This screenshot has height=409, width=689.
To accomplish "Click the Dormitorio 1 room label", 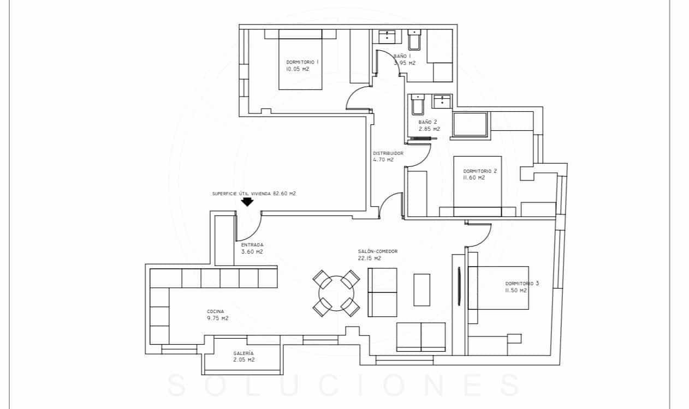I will pyautogui.click(x=302, y=62).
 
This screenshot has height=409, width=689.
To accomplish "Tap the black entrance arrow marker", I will pyautogui.click(x=247, y=202).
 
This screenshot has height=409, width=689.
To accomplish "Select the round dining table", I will pyautogui.click(x=336, y=294).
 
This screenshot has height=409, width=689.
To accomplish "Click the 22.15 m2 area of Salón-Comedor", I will pyautogui.click(x=370, y=258).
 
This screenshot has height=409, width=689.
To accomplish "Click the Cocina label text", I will pyautogui.click(x=215, y=311).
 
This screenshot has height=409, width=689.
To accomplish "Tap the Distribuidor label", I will pyautogui.click(x=388, y=153).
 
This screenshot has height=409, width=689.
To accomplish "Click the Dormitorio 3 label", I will pyautogui.click(x=522, y=284).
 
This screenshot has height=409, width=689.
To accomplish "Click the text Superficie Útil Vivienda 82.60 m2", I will pyautogui.click(x=254, y=194).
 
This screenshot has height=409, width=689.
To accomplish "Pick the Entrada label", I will pyautogui.click(x=252, y=245).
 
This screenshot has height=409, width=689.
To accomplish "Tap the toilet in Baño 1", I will pyautogui.click(x=414, y=40).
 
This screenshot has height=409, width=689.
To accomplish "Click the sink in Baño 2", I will pyautogui.click(x=441, y=101).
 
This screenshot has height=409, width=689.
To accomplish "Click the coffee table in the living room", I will pyautogui.click(x=421, y=289).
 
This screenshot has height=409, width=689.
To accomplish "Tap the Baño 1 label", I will pyautogui.click(x=402, y=56).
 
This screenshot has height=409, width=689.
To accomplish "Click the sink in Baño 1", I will pyautogui.click(x=387, y=36).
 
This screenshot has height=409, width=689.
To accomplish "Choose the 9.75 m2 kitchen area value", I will pyautogui.click(x=217, y=318).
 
